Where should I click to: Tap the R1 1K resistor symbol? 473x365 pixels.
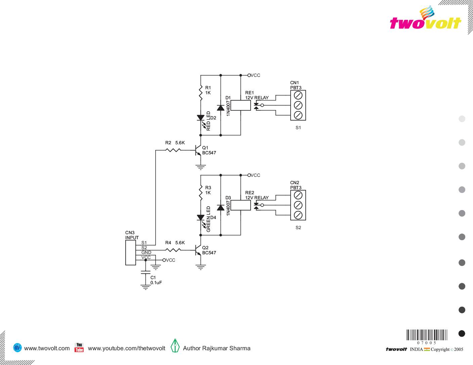pos(201,92)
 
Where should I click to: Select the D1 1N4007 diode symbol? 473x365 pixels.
pos(221,107)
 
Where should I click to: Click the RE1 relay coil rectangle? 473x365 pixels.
pos(241,105)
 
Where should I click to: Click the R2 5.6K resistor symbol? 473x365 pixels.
pos(173,150)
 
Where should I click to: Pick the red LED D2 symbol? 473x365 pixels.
pos(201,118)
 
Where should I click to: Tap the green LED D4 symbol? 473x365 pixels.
pos(201,218)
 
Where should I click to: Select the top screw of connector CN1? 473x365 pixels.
pos(298,95)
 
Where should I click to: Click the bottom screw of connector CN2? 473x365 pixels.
pos(298,215)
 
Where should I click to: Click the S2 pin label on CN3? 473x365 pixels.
pos(144,248)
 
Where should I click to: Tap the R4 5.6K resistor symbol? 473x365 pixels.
pos(173,250)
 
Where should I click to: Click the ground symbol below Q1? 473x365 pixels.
pos(201,167)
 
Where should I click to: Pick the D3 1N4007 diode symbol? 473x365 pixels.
pos(221,207)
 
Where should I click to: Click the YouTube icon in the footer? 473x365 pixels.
pos(79,348)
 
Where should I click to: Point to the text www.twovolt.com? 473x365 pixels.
pos(47,348)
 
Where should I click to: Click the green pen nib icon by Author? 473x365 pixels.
pos(175,346)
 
